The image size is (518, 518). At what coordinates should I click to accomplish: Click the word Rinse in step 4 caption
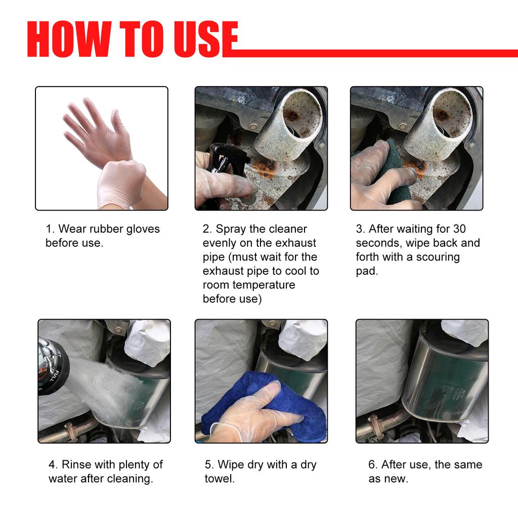click(77, 464)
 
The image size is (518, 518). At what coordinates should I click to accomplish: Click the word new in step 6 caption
click(397, 479)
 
